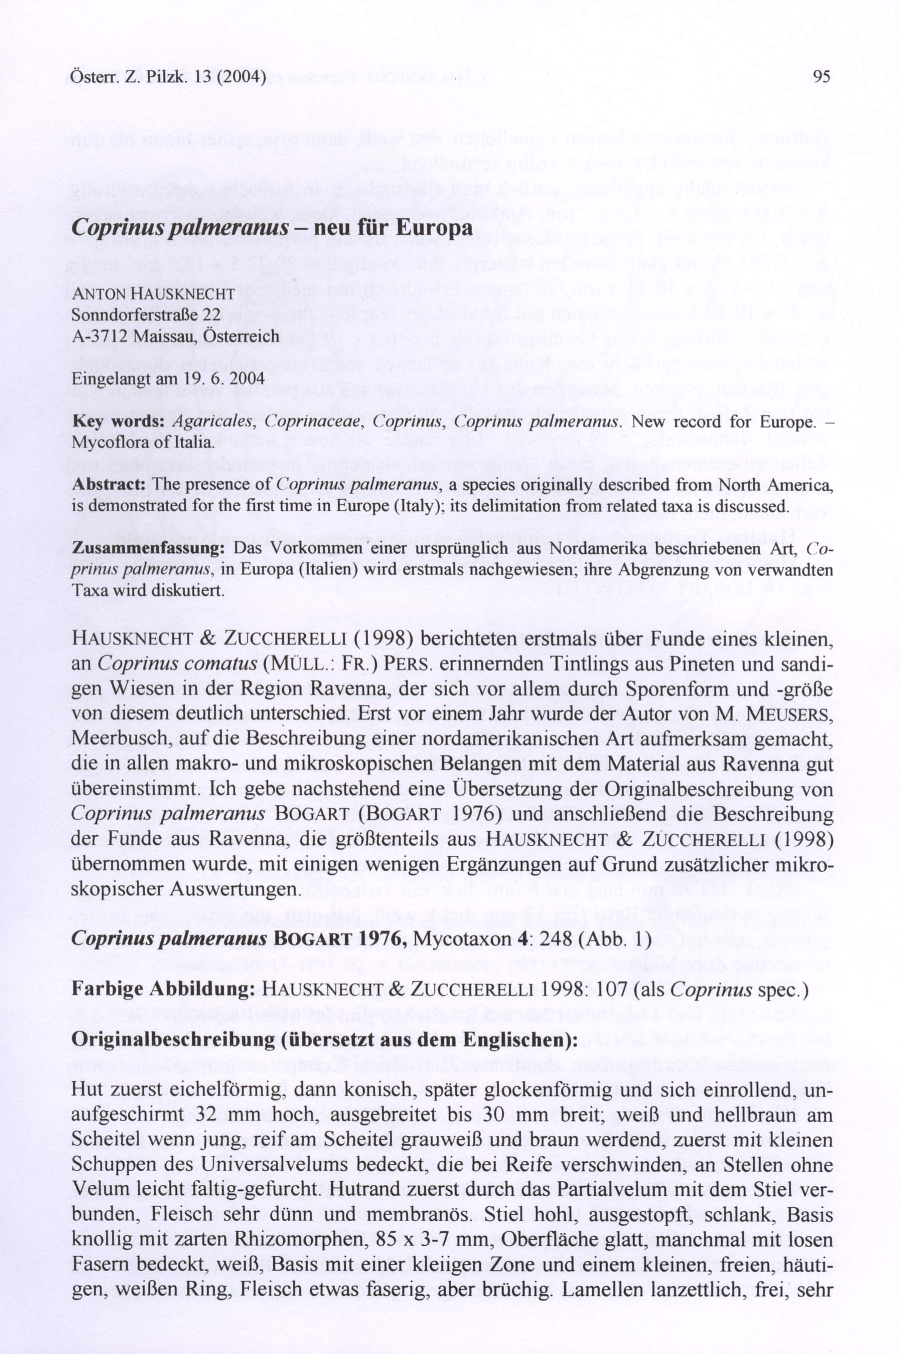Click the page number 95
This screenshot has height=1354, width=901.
(822, 76)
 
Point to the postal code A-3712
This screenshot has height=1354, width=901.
(99, 336)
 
